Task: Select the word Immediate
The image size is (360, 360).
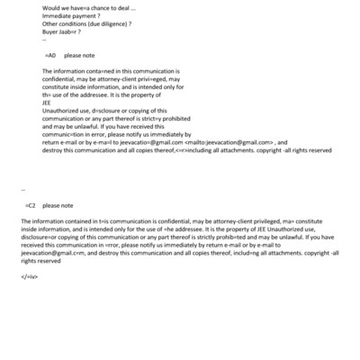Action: (x=58, y=16)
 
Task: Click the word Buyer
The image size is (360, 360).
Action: (x=51, y=32)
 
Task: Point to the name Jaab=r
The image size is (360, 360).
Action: (x=73, y=32)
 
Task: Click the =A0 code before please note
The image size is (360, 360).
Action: (x=49, y=55)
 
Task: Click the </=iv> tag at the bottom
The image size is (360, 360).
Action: (x=29, y=276)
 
